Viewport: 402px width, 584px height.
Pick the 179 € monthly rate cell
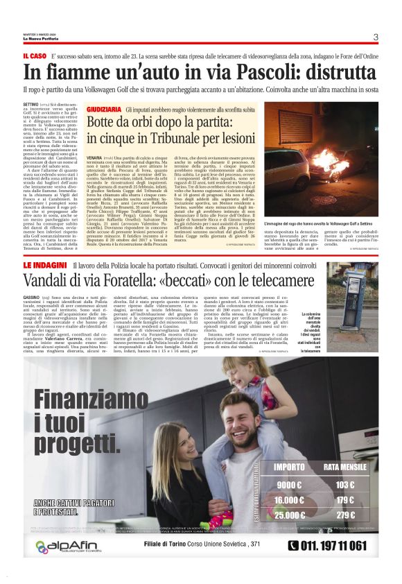click(344, 499)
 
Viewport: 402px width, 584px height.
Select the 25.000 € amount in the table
click(289, 515)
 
